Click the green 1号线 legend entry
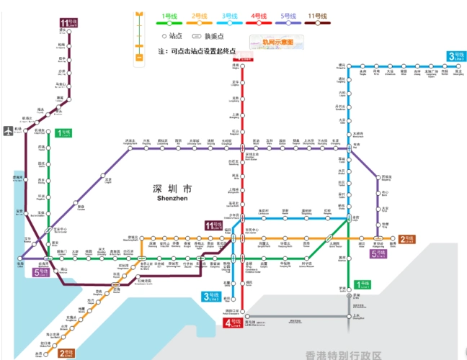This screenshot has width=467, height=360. [x=170, y=18]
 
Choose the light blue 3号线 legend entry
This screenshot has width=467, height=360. [x=228, y=18]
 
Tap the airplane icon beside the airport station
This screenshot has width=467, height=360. [x=8, y=131]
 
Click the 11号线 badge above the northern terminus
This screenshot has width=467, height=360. [x=68, y=24]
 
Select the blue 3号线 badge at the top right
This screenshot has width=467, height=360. [x=454, y=56]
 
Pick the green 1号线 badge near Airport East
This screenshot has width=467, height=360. [x=63, y=132]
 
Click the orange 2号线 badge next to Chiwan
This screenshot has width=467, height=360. [x=66, y=353]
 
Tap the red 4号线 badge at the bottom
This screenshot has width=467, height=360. [x=233, y=324]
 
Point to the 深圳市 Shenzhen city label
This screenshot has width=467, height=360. [x=170, y=192]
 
